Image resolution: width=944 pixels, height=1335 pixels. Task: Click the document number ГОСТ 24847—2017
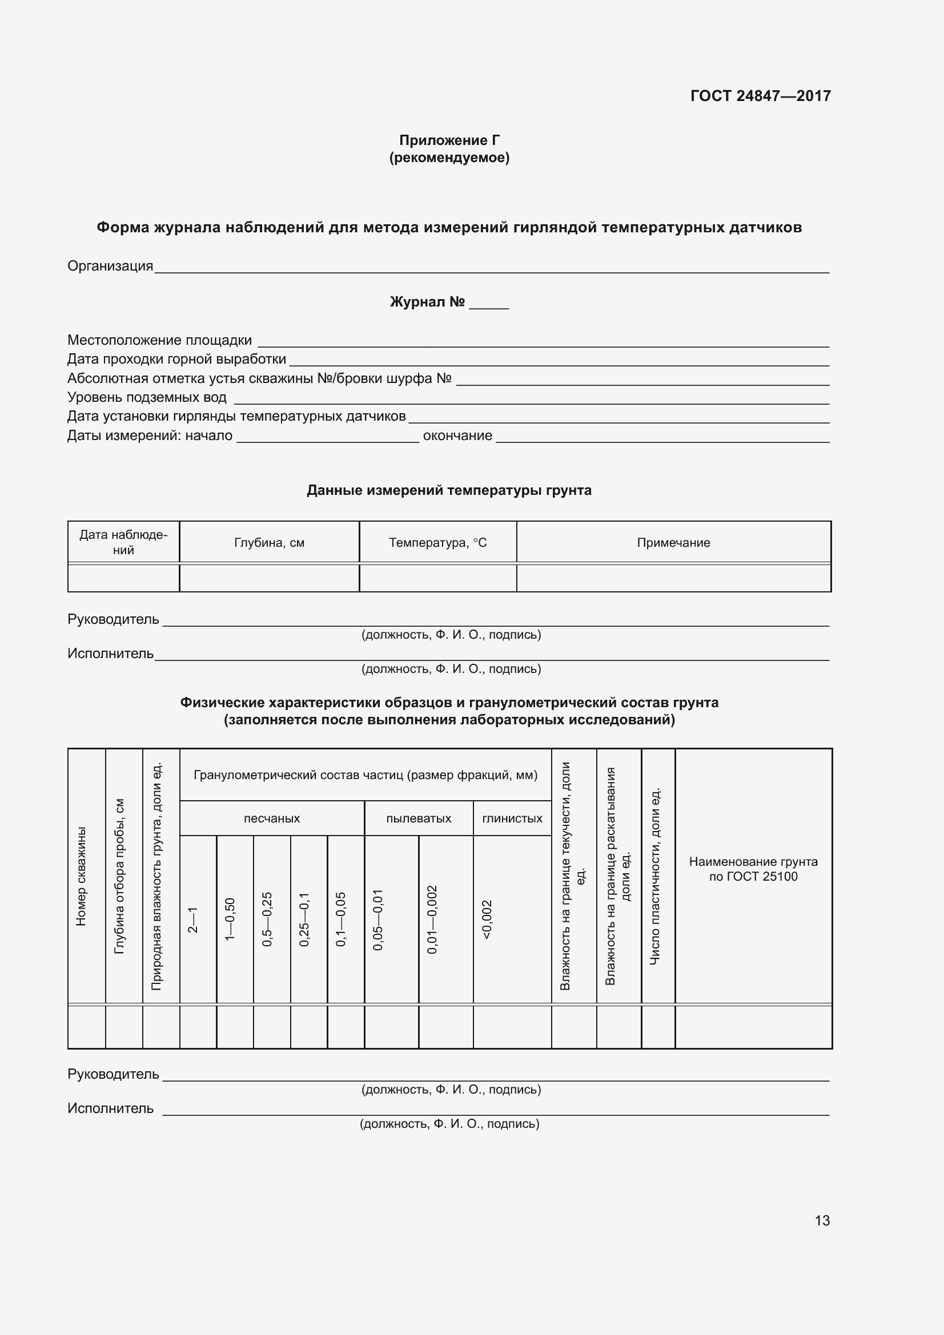760,96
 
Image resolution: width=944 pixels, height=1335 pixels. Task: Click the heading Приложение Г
449,140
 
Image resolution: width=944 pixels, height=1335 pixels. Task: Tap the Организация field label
110,267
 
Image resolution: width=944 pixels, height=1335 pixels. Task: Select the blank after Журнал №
489,303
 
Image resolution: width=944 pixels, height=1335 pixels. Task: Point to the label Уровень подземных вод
147,398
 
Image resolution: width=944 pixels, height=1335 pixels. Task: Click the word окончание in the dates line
457,435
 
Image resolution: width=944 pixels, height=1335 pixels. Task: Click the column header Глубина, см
270,542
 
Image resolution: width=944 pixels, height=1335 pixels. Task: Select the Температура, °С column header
437,542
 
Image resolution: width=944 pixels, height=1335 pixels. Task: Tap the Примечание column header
673,542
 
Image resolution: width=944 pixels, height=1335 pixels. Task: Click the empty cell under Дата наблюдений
123,579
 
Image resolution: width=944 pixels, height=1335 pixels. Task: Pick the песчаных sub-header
272,818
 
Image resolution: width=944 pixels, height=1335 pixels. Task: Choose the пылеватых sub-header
418,818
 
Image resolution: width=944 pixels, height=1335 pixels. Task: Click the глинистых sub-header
512,818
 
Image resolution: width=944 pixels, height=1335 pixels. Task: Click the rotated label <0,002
487,919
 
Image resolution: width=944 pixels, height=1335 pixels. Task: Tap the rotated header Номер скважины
82,876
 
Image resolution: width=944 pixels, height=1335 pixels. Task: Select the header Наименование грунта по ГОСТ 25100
753,869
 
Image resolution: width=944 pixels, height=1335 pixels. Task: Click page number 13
822,1220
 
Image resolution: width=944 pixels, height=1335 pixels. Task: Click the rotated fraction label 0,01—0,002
432,919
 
